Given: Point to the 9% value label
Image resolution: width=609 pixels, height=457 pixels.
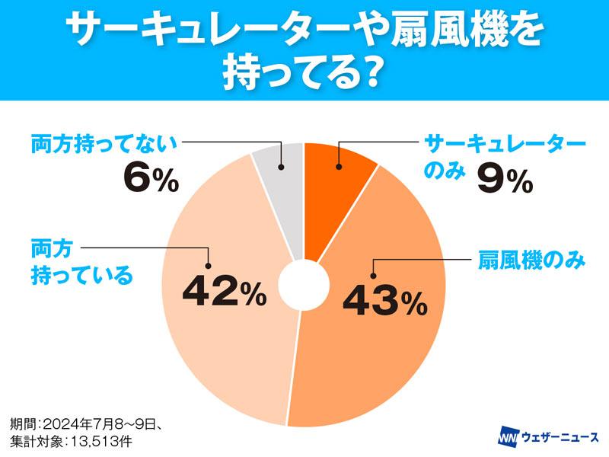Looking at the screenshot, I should (x=504, y=181).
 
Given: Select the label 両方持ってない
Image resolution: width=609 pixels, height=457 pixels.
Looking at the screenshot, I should (x=104, y=142).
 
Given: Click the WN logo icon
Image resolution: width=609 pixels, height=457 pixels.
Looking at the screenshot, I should (x=507, y=439).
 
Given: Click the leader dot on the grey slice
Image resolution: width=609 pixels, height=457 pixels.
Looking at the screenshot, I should (x=281, y=167).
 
